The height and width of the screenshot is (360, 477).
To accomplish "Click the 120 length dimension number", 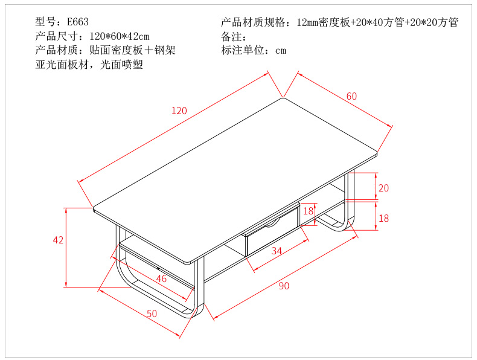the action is (179, 111).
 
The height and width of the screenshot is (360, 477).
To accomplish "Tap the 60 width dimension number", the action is (351, 96).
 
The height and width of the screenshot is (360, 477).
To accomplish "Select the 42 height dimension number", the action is (58, 240).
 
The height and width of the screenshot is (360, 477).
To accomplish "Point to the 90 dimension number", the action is (284, 286).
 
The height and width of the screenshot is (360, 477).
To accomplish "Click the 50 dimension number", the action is (152, 313).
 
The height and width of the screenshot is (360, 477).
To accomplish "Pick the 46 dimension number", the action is (161, 278).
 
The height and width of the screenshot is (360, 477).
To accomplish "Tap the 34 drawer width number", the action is (277, 251).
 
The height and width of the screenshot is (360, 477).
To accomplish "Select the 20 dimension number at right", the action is (383, 188).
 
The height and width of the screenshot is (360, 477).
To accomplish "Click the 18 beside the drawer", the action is (308, 211).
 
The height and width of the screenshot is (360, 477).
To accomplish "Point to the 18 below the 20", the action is (383, 218).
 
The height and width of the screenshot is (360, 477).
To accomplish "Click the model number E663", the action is (78, 22).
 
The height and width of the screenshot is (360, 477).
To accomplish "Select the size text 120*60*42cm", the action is (120, 36).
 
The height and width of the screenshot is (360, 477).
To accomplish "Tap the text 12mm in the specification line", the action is (307, 22).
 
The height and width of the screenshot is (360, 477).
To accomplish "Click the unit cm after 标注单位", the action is (281, 51).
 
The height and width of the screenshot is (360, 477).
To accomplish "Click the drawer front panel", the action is (273, 232).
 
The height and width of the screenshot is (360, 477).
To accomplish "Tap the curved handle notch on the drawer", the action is (272, 224).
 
